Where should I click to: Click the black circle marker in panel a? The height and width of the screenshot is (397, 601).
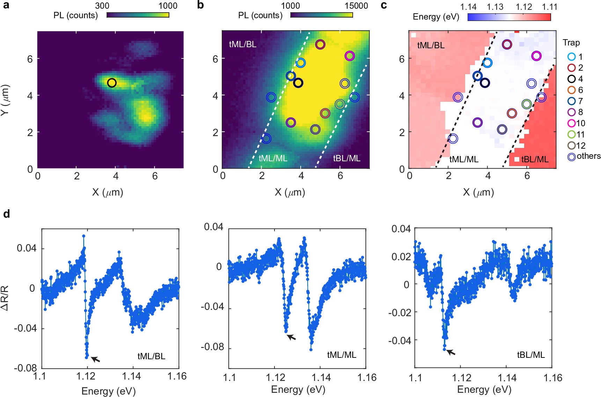click(112, 83)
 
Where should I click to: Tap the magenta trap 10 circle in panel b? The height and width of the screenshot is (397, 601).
click(350, 56)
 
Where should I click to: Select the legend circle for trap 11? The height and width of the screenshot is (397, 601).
click(571, 134)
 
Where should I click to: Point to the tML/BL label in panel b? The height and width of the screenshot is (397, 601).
click(242, 44)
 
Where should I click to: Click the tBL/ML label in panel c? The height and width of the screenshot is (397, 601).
click(534, 159)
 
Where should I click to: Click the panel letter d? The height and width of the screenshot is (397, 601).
click(6, 214)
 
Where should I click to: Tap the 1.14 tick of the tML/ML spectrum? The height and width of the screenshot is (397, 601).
click(321, 377)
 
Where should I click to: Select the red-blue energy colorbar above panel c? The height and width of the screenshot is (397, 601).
click(509, 17)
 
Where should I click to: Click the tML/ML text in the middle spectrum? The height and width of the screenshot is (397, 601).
click(341, 355)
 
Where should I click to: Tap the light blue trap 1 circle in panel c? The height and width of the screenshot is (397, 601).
click(488, 63)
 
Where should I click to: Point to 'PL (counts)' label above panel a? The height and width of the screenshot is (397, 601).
click(75, 15)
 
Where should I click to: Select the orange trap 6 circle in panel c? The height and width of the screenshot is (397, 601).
click(512, 113)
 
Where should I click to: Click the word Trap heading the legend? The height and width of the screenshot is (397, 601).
click(571, 43)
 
